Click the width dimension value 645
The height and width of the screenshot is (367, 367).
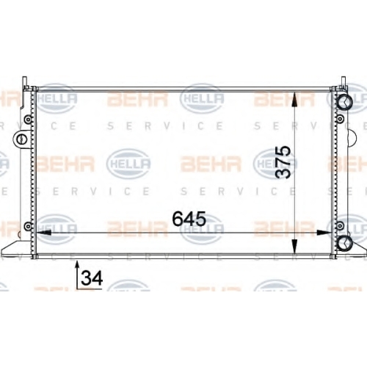pos(189,219)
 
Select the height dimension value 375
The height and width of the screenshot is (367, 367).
pos(283,162)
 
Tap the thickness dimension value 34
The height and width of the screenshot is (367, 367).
pos(92,278)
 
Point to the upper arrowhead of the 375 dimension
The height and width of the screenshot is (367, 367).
pos(294,99)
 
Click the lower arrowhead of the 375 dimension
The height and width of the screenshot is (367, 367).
pos(294,247)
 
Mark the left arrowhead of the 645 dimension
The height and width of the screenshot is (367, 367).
pos(43,233)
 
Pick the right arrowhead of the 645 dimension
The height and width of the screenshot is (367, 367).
pos(324,233)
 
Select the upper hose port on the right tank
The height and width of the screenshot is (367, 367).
pos(345,102)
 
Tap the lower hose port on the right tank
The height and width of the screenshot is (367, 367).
pos(345,243)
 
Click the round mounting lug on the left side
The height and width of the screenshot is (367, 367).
pos(21,139)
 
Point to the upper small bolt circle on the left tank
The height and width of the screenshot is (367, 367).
pos(29,120)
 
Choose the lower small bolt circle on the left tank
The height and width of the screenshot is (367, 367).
pos(29,225)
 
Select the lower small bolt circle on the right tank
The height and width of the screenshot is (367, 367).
pos(340,225)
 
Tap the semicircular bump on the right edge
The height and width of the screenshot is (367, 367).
pos(352,138)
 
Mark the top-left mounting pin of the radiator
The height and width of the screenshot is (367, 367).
pos(25,83)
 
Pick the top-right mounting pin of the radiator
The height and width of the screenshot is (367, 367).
pos(344,81)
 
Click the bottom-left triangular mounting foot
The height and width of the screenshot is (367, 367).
pos(16,248)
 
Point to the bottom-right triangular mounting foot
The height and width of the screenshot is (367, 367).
pos(354,248)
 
